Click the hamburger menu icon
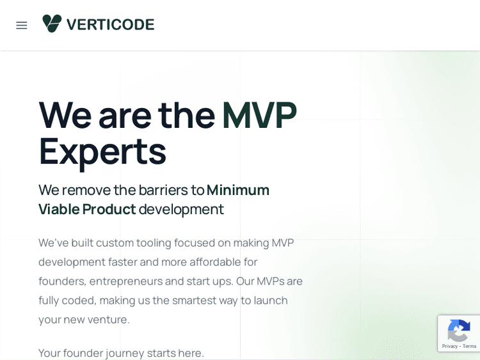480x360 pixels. click(22, 25)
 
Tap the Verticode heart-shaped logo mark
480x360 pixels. click(52, 24)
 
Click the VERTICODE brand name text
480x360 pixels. click(110, 24)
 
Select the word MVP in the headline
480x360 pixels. click(259, 115)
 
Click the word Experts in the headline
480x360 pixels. click(102, 152)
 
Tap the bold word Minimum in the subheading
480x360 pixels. click(237, 190)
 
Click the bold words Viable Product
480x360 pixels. click(87, 209)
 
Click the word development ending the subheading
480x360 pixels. click(181, 209)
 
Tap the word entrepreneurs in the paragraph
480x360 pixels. click(125, 281)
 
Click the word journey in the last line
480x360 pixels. click(125, 352)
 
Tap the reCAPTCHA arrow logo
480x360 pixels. click(459, 331)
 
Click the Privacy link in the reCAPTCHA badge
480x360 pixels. click(449, 347)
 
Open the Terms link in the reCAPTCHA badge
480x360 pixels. click(469, 347)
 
